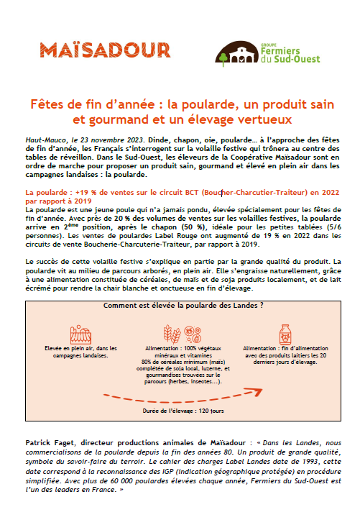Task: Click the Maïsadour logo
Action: tap(105, 50)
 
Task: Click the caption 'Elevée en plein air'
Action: tap(66, 350)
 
